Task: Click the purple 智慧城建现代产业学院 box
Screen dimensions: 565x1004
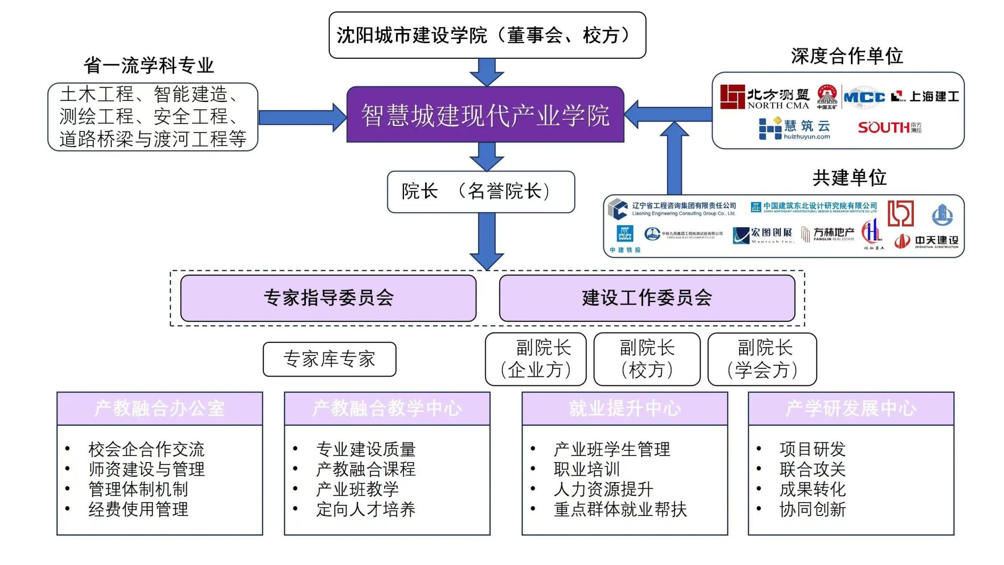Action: (485, 115)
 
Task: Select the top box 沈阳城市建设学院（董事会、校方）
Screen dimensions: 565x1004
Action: (487, 35)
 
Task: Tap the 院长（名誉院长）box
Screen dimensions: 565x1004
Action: (481, 192)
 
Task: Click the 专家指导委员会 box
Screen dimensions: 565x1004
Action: (328, 298)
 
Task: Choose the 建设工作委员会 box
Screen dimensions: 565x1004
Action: (647, 298)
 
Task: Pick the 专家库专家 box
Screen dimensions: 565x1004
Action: (329, 360)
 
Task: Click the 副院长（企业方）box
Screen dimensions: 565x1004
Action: (536, 360)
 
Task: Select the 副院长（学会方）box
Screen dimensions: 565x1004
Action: (762, 360)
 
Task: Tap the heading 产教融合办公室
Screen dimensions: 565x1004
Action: (160, 409)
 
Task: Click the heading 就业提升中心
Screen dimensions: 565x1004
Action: (625, 409)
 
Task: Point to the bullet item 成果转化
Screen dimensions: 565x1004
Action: (813, 489)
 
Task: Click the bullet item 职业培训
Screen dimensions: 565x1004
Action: (587, 469)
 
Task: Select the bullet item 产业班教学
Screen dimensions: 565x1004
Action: (357, 489)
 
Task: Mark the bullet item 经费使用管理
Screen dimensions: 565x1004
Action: (138, 510)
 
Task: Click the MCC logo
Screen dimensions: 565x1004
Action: (864, 97)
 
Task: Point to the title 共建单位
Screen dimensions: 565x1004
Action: (850, 178)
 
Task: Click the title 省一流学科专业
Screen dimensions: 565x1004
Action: (149, 65)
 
